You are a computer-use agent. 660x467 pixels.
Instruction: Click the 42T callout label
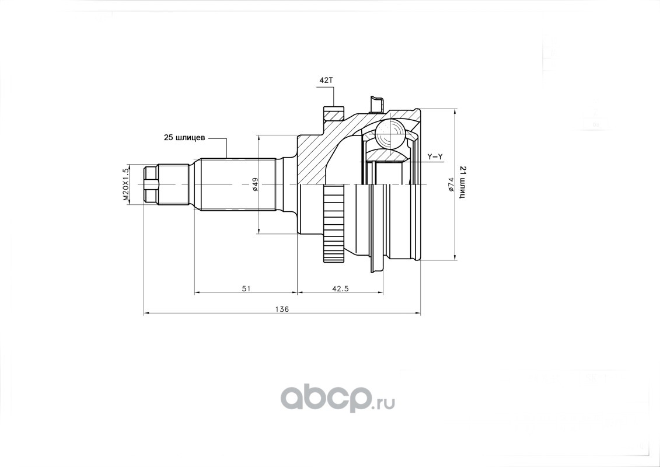tap(325, 81)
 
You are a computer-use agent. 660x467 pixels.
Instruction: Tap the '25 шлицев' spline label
tap(183, 138)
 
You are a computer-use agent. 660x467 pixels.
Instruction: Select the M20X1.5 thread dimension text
tap(125, 184)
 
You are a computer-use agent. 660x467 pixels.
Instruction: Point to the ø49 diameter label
tap(256, 184)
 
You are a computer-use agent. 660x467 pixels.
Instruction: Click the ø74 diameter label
tap(451, 184)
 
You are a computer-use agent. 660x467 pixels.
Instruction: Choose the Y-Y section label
tap(435, 156)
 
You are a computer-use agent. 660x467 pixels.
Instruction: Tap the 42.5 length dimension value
tap(340, 288)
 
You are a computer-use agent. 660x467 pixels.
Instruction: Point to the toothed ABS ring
tap(334, 222)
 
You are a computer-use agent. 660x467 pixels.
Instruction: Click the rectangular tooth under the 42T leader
tap(333, 111)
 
